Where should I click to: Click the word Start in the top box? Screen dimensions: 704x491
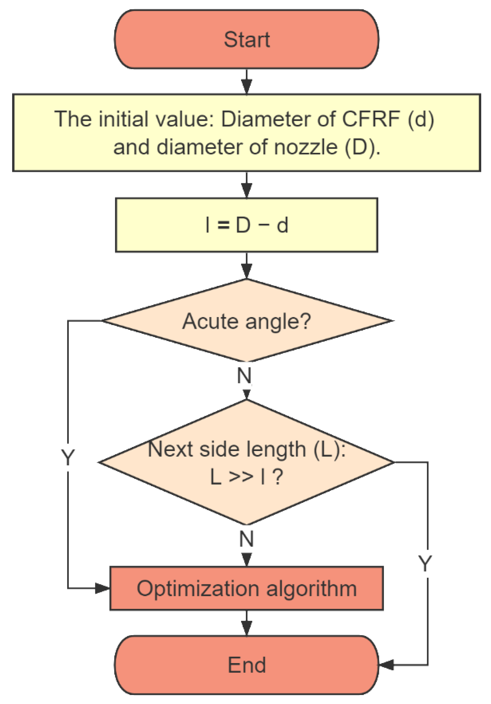pyautogui.click(x=247, y=40)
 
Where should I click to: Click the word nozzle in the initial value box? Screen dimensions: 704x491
pyautogui.click(x=307, y=147)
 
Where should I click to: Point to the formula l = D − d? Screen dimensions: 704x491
pyautogui.click(x=247, y=225)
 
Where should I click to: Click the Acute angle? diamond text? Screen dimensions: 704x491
pyautogui.click(x=247, y=321)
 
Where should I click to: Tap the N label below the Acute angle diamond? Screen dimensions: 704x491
pyautogui.click(x=244, y=375)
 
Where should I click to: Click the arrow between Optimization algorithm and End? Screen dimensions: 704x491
pyautogui.click(x=247, y=623)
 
